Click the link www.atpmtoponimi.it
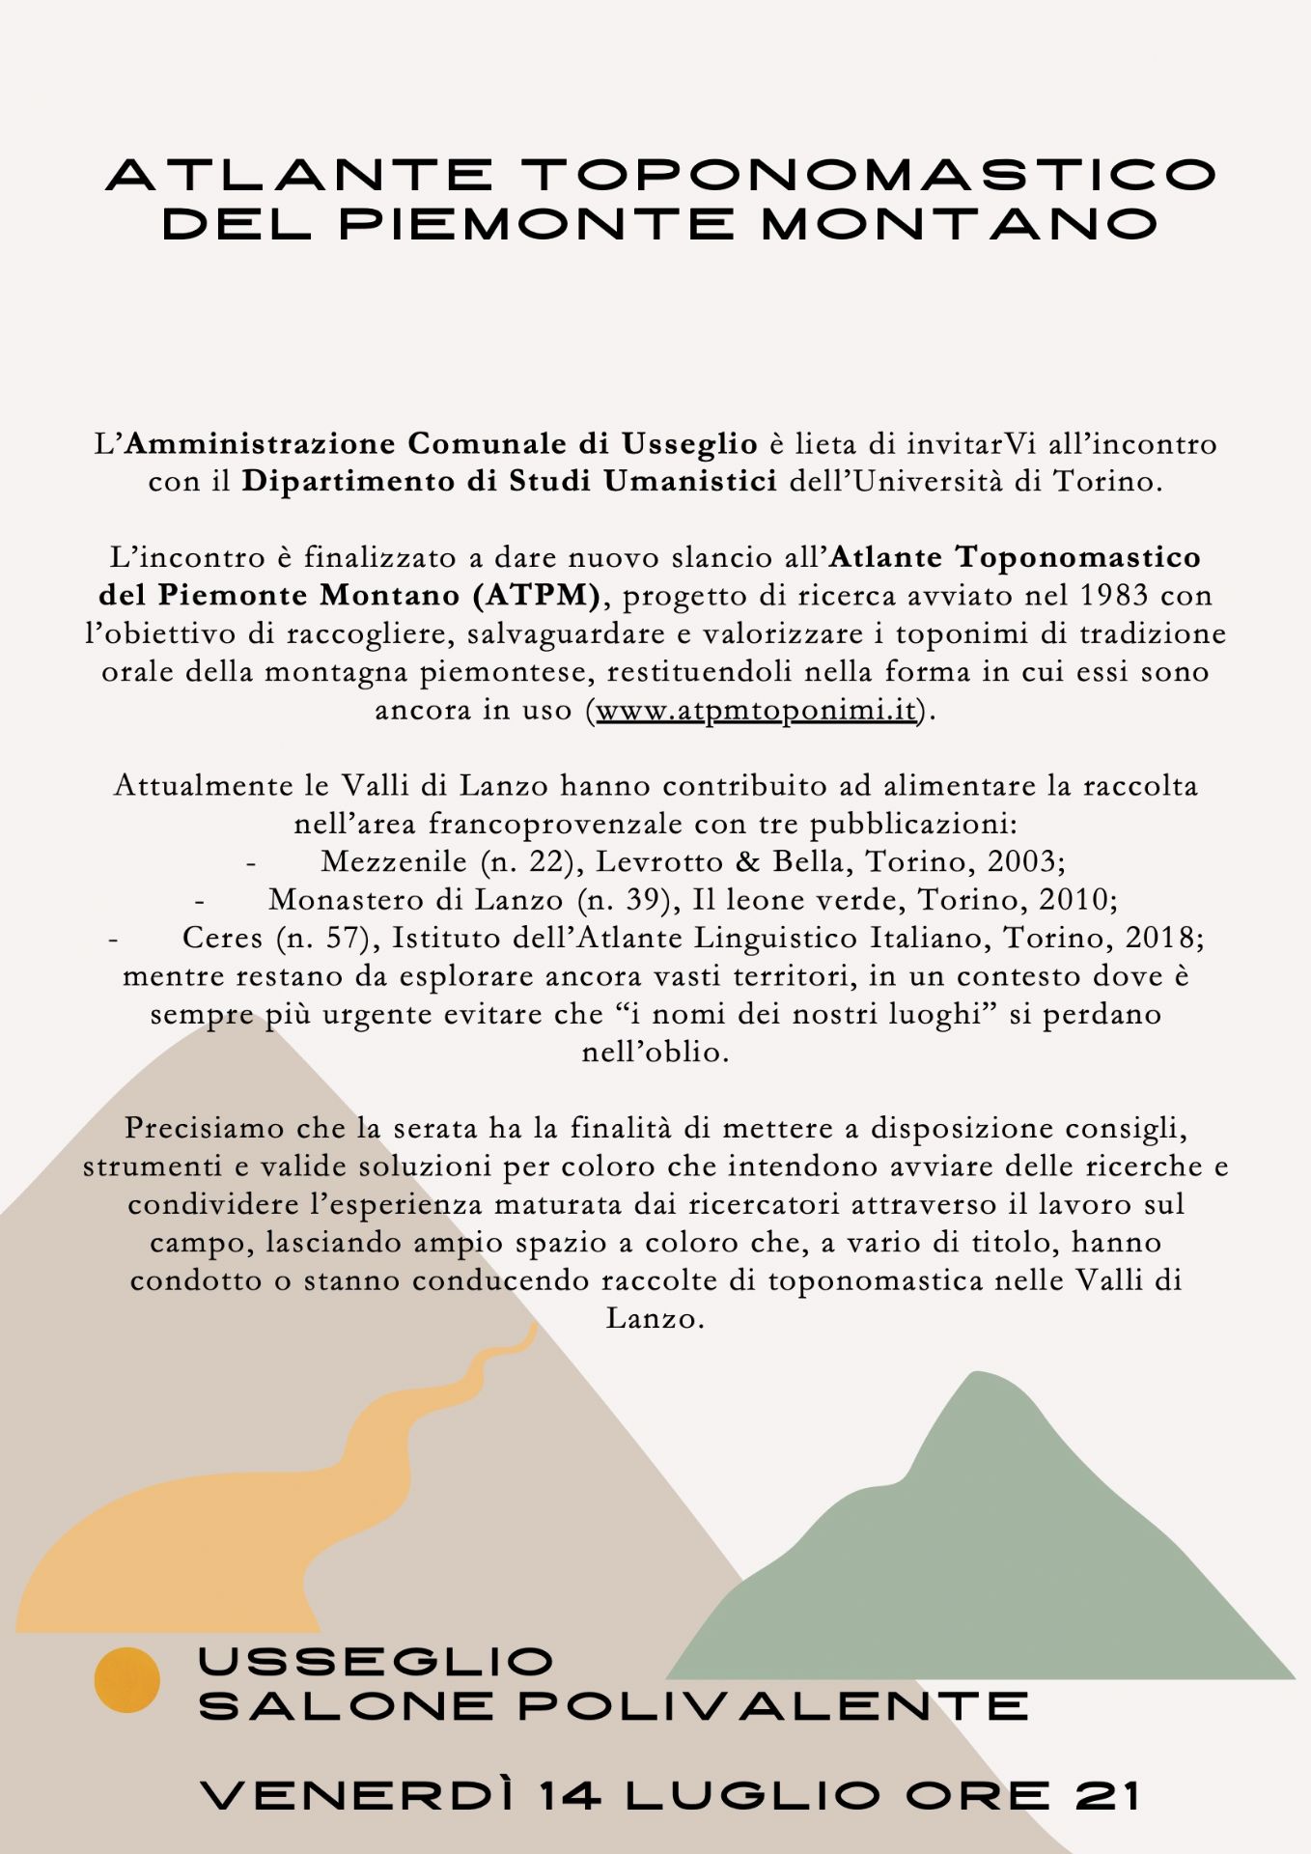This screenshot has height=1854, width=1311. point(756,710)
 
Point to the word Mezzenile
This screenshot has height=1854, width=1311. point(394,861)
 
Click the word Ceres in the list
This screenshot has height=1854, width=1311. point(222,938)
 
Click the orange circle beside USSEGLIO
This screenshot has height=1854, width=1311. point(126,1680)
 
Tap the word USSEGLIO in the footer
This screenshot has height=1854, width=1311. point(376,1662)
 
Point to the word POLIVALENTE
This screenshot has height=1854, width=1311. point(773,1706)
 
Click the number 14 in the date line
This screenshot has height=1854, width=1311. point(571,1796)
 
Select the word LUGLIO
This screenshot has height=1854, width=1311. point(753,1796)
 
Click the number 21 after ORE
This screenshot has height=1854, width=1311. point(1107,1796)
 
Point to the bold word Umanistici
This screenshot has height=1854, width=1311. point(690,481)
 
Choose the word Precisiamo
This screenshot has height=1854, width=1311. point(205,1128)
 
